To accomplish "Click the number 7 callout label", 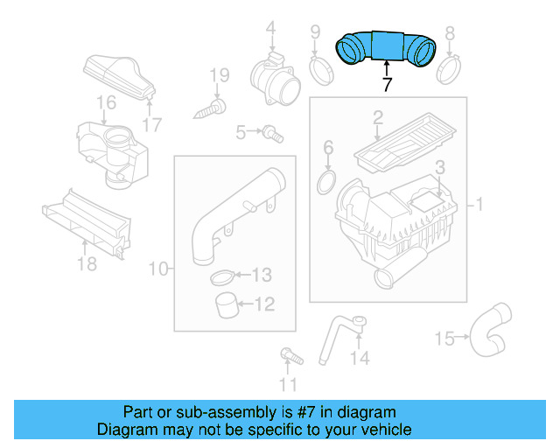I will (x=386, y=85).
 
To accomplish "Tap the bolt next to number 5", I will (x=274, y=134).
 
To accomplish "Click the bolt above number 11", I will (x=286, y=356).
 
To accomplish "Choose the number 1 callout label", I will (x=479, y=205).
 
